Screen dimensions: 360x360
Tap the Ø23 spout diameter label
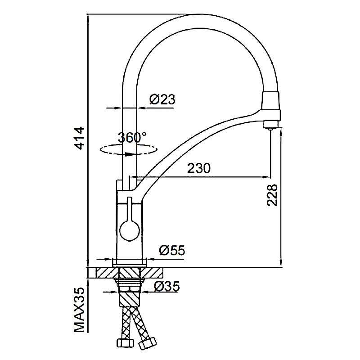[162, 99]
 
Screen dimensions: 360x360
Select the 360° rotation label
[132, 137]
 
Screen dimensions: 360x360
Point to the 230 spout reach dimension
[199, 168]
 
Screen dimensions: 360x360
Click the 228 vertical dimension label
[272, 195]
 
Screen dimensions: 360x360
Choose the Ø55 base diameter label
[172, 250]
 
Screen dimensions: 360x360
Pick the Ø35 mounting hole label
[167, 286]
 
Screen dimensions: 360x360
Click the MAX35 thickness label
[80, 310]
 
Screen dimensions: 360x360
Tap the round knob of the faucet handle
[130, 231]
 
